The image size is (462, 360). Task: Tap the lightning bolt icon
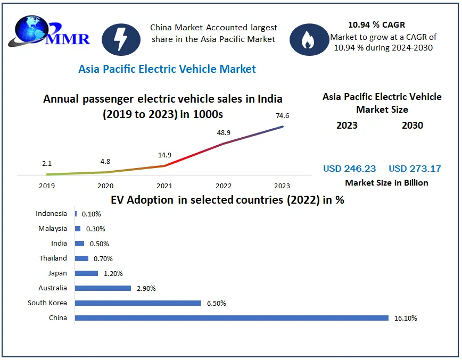point(121,39)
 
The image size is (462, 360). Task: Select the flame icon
point(308,39)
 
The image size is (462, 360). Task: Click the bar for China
point(232,318)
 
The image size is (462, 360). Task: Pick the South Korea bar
point(138,303)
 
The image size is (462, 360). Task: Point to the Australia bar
point(103,288)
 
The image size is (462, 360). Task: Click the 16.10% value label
point(405,319)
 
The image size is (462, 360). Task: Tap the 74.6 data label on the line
point(283,116)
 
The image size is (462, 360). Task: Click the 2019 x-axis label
point(47,186)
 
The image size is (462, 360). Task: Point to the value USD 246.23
point(349,169)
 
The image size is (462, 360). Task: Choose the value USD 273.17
point(415,169)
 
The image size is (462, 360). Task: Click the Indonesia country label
point(52,214)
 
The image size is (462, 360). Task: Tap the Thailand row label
point(53,258)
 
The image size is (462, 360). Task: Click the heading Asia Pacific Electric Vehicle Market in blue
point(167,69)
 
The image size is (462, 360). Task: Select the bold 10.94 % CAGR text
point(376,24)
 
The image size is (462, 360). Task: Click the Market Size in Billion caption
point(386,182)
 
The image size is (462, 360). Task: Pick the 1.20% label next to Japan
point(112,273)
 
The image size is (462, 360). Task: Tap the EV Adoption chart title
point(227,200)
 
